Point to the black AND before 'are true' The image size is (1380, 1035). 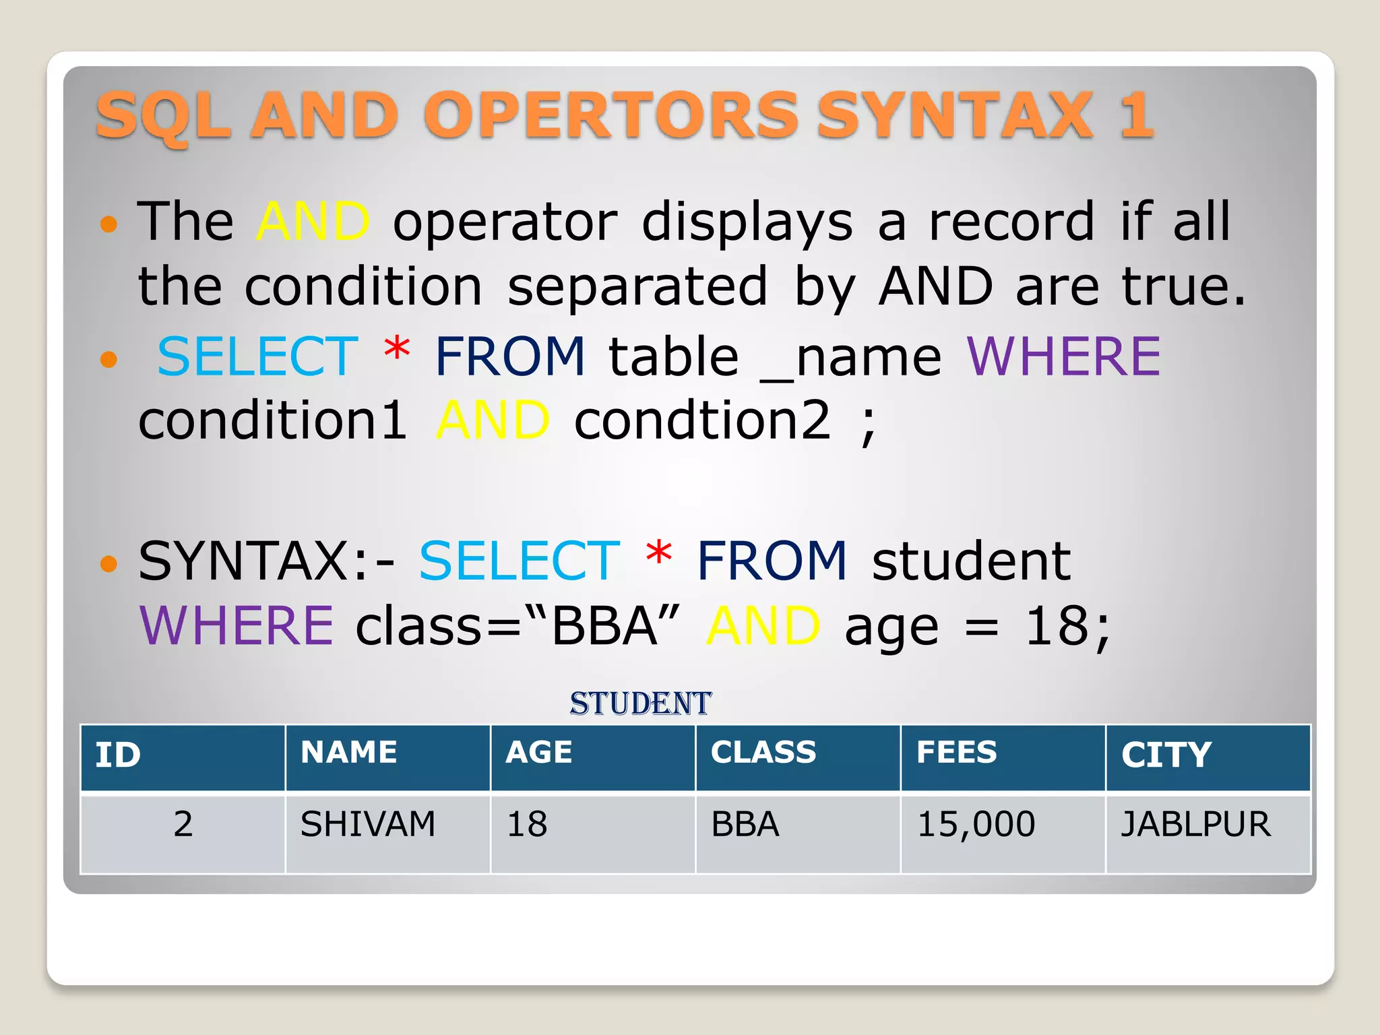[935, 286]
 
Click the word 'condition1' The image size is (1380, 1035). [272, 420]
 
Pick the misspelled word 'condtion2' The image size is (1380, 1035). [702, 420]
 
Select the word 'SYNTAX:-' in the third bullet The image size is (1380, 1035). [267, 561]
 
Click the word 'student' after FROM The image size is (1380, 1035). [970, 561]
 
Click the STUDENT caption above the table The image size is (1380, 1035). [640, 703]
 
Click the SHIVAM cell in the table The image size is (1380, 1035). [368, 824]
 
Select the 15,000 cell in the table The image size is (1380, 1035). [976, 824]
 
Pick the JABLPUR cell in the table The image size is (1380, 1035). [1195, 824]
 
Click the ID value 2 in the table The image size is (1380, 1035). [183, 824]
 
